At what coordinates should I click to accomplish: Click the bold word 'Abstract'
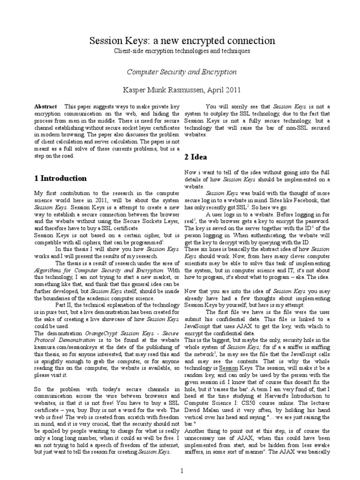point(46,107)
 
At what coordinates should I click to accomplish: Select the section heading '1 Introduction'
point(60,179)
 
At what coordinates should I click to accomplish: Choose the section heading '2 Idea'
point(196,157)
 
